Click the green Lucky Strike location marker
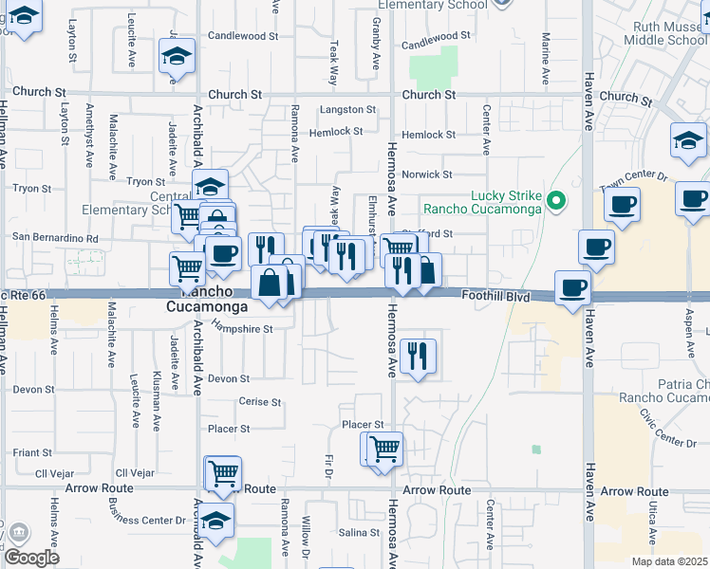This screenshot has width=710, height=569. coord(558,201)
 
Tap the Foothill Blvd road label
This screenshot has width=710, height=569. coord(495,297)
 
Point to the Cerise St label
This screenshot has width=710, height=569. coord(259,402)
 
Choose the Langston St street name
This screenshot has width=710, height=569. coord(342,110)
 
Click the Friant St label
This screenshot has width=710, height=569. coord(32,453)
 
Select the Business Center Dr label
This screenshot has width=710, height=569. coord(147,521)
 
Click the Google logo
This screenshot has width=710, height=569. coord(31,558)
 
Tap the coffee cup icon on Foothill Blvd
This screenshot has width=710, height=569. coord(572,287)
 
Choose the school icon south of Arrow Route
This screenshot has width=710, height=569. coord(216,521)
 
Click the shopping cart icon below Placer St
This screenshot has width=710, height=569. coord(385,448)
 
